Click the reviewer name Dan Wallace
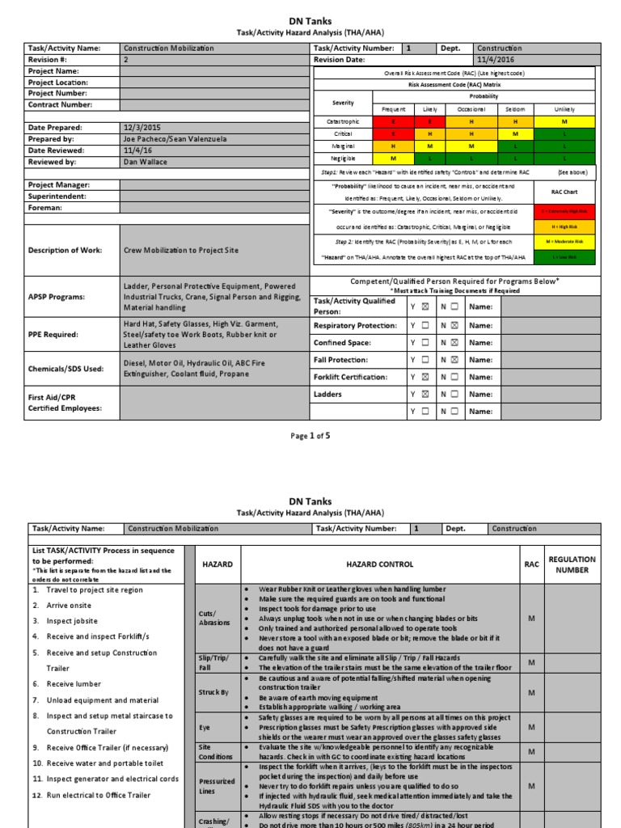point(146,162)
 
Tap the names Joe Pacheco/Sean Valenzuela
point(175,139)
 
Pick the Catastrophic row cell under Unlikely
point(564,120)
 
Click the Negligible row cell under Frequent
point(393,159)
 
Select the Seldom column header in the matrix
point(515,108)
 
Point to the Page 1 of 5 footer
point(310,436)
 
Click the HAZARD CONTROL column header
point(378,564)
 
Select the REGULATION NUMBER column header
point(572,564)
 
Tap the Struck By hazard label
point(213,693)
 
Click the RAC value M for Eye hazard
point(531,728)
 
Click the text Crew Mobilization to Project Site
point(181,251)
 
